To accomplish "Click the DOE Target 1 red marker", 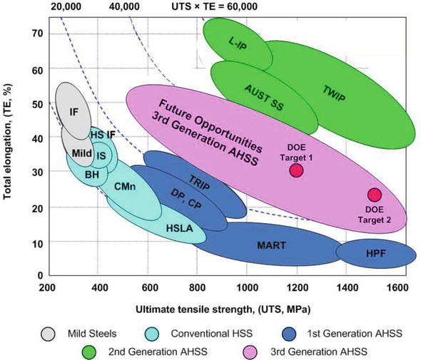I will [x=297, y=170].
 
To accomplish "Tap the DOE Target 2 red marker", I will [x=375, y=195].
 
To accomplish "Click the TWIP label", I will [x=335, y=93].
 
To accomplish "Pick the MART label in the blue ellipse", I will [x=272, y=246].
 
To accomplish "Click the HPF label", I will [x=377, y=252].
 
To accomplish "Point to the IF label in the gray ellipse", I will [x=73, y=111].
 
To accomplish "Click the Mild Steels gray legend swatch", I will [x=49, y=332].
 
